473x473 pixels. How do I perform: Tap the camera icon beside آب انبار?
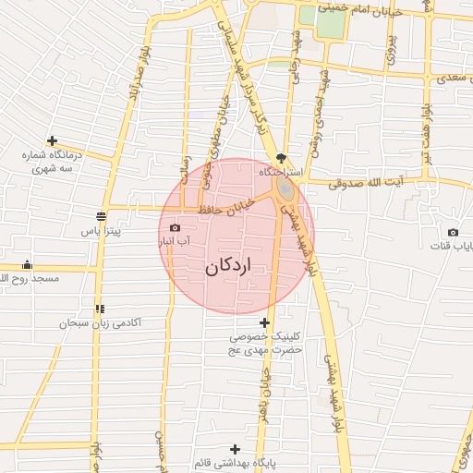click(x=175, y=227)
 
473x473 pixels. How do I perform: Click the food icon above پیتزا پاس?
click(x=99, y=217)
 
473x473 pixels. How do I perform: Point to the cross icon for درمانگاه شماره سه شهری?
click(x=52, y=141)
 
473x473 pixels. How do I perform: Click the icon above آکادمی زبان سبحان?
click(x=99, y=309)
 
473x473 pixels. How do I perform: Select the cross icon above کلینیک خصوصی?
click(x=266, y=323)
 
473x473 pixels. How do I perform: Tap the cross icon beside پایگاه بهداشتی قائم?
click(x=210, y=449)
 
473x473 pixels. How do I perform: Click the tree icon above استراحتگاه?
click(x=282, y=159)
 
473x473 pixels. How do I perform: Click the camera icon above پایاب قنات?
click(x=453, y=232)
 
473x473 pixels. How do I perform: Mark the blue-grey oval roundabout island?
click(x=285, y=189)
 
